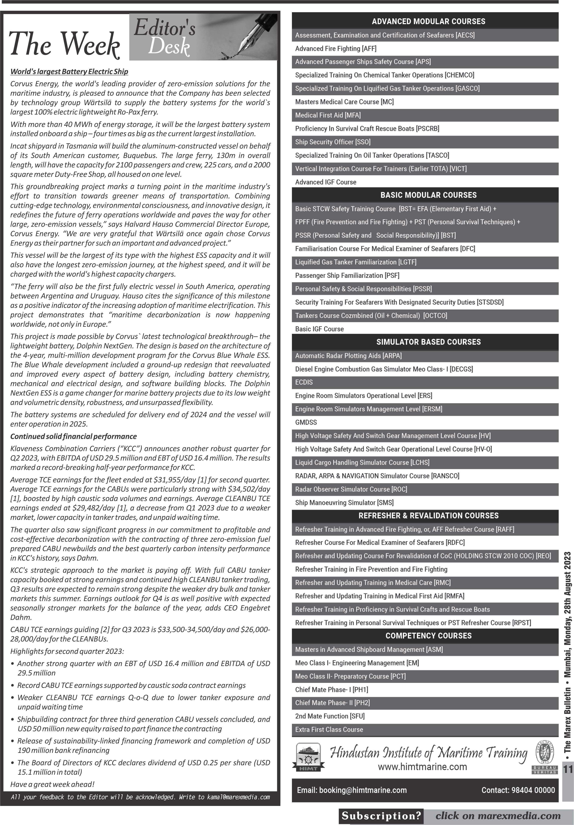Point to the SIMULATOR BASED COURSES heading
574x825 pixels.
(428, 342)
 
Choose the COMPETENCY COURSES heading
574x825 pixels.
(428, 636)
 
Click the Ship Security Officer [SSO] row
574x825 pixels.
(333, 142)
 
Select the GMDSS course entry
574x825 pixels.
(306, 422)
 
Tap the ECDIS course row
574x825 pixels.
(304, 382)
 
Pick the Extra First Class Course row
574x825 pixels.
(329, 730)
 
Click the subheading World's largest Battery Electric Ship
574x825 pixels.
(69, 72)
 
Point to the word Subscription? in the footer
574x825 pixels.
(381, 816)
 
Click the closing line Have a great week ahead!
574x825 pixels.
(52, 784)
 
